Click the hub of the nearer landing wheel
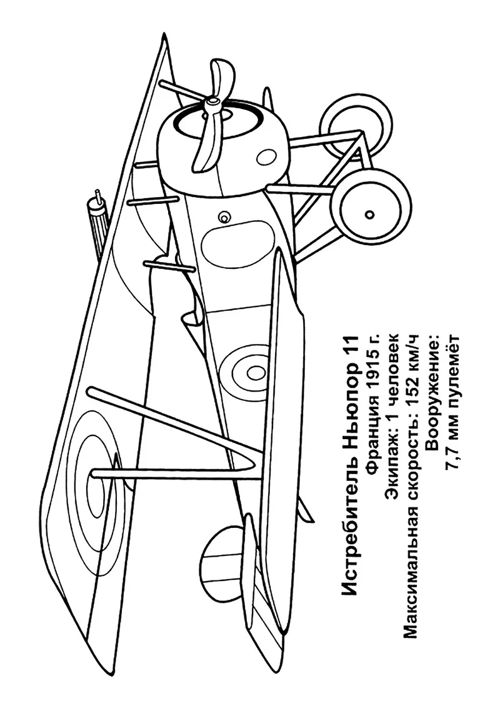coord(370,213)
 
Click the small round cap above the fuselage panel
coord(223,218)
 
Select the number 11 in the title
coord(350,348)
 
